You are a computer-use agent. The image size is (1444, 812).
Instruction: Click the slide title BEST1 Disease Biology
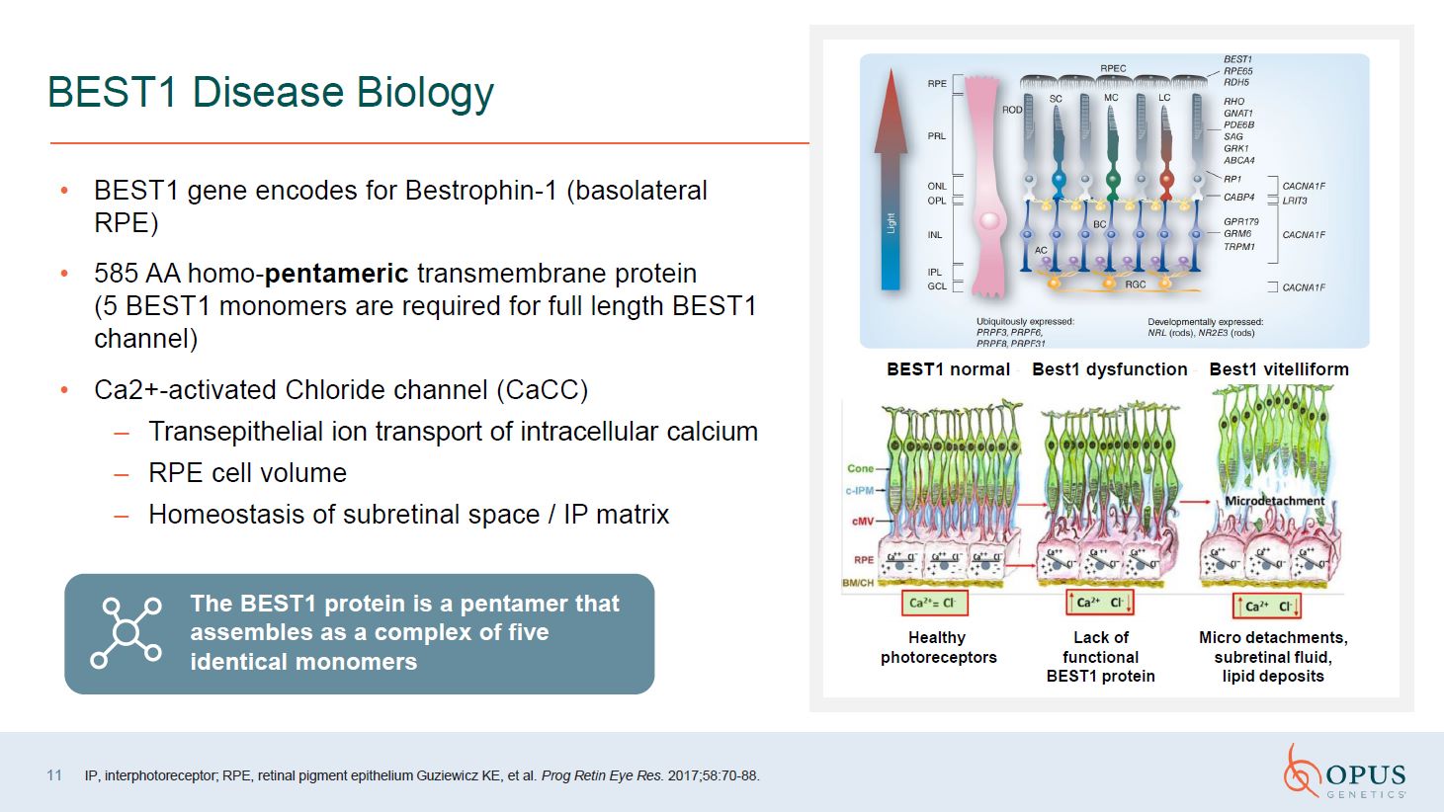pyautogui.click(x=270, y=92)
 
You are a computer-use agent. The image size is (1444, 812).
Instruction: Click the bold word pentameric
pyautogui.click(x=336, y=274)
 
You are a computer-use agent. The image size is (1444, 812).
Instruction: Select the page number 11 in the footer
pyautogui.click(x=54, y=775)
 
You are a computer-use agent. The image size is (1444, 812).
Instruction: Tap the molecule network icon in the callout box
pyautogui.click(x=127, y=633)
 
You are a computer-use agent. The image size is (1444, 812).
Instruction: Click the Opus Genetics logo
pyautogui.click(x=1345, y=771)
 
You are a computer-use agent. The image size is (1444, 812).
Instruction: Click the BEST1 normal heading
pyautogui.click(x=948, y=369)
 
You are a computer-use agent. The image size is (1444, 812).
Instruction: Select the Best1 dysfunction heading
pyautogui.click(x=1109, y=369)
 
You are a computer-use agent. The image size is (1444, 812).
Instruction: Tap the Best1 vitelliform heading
pyautogui.click(x=1278, y=369)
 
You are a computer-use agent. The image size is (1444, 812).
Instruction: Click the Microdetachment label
pyautogui.click(x=1274, y=501)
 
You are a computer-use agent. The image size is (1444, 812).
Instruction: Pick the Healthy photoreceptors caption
pyautogui.click(x=938, y=647)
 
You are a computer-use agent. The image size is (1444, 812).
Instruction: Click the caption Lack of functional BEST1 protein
pyautogui.click(x=1100, y=657)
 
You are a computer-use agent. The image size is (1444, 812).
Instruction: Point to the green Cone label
pyautogui.click(x=860, y=468)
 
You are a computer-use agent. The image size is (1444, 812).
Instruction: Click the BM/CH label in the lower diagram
pyautogui.click(x=857, y=583)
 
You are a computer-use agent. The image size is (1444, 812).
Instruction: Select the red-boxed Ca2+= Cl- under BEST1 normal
pyautogui.click(x=934, y=603)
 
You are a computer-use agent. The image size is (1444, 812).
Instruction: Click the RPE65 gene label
pyautogui.click(x=1237, y=71)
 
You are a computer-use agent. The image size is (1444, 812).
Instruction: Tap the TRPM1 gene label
pyautogui.click(x=1238, y=247)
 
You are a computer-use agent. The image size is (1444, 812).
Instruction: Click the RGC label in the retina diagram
pyautogui.click(x=1135, y=284)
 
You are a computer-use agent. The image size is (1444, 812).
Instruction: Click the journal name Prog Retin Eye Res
pyautogui.click(x=602, y=775)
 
